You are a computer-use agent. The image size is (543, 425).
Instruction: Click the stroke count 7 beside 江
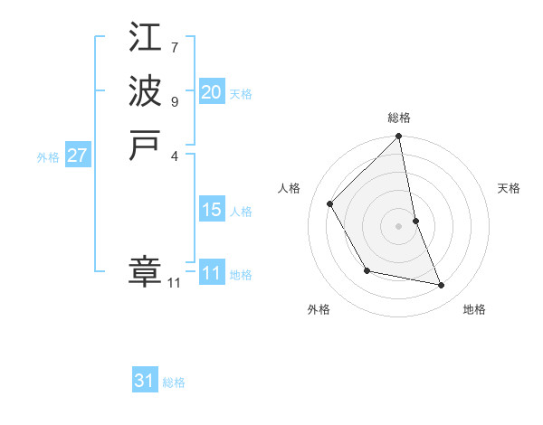click(x=174, y=46)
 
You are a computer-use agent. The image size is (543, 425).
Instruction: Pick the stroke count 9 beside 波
click(x=174, y=100)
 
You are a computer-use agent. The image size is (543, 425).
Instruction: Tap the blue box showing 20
click(x=211, y=92)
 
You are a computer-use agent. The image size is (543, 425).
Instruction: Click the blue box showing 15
click(x=211, y=210)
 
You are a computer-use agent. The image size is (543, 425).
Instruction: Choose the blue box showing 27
click(x=77, y=156)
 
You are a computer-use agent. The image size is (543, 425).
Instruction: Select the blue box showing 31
click(x=145, y=381)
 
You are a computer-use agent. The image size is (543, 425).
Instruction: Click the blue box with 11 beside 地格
click(x=211, y=273)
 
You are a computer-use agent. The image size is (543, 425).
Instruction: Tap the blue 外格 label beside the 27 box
click(x=48, y=156)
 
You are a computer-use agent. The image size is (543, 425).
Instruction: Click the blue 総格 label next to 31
click(x=174, y=382)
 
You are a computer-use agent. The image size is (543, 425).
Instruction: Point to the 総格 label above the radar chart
click(x=399, y=118)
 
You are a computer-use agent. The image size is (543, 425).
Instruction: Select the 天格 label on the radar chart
click(x=510, y=188)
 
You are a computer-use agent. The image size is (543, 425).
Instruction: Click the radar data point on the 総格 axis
click(x=399, y=137)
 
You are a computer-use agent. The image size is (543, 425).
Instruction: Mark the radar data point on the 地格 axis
click(x=442, y=286)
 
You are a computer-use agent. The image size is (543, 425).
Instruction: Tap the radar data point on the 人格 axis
click(x=330, y=203)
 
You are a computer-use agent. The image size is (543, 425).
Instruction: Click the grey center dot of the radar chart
click(x=399, y=226)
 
